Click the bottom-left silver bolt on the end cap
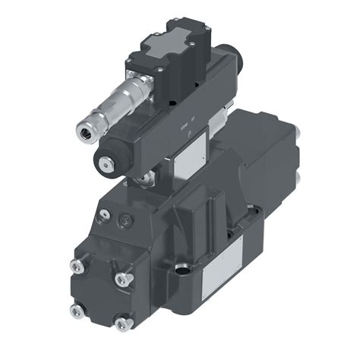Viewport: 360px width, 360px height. pos(74,311)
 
